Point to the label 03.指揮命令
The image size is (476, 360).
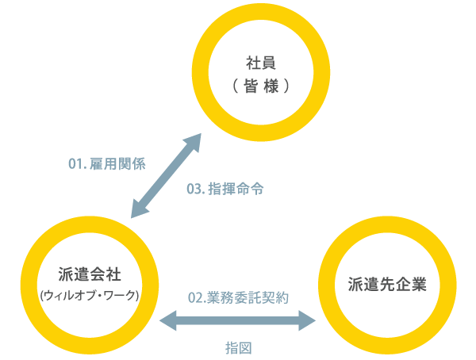click(x=225, y=190)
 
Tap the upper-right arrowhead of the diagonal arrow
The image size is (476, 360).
click(x=194, y=143)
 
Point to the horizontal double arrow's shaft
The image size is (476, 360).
click(x=238, y=320)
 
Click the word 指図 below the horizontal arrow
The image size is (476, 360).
click(x=238, y=347)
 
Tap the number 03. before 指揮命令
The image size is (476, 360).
click(x=195, y=190)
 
